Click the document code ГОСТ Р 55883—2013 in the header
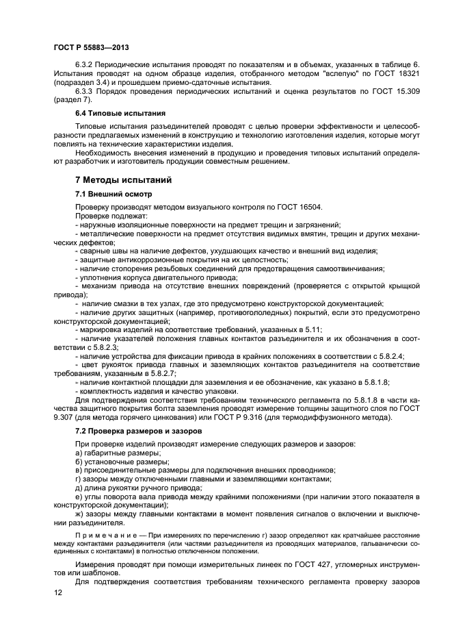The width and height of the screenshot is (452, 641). [x=91, y=46]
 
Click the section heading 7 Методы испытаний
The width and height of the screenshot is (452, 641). [x=123, y=179]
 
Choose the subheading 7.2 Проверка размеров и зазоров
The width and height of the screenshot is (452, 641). [x=139, y=431]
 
